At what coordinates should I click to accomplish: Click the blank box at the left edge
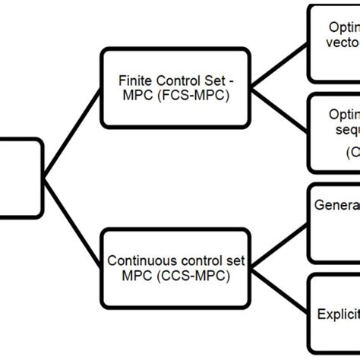point(19,177)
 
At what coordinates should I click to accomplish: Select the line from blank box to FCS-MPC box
point(72,131)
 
